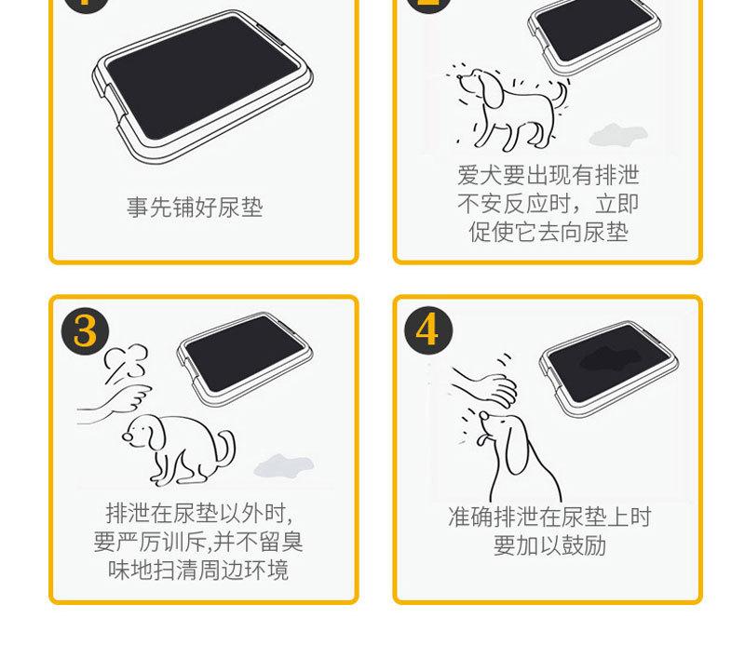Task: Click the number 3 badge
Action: tap(86, 331)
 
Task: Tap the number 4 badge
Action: tap(428, 330)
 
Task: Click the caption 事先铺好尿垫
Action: tap(195, 208)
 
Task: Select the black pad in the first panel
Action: tap(201, 78)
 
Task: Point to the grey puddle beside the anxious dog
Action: tap(618, 135)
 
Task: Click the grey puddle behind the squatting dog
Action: tap(284, 465)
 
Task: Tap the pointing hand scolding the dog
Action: tap(115, 403)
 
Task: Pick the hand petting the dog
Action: tap(484, 385)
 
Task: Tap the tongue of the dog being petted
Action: tap(481, 439)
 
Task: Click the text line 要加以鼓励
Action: tap(549, 545)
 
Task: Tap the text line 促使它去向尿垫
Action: tap(549, 232)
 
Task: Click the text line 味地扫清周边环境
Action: tap(198, 571)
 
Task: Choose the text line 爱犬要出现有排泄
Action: tap(549, 175)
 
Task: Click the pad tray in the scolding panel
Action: tap(245, 358)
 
